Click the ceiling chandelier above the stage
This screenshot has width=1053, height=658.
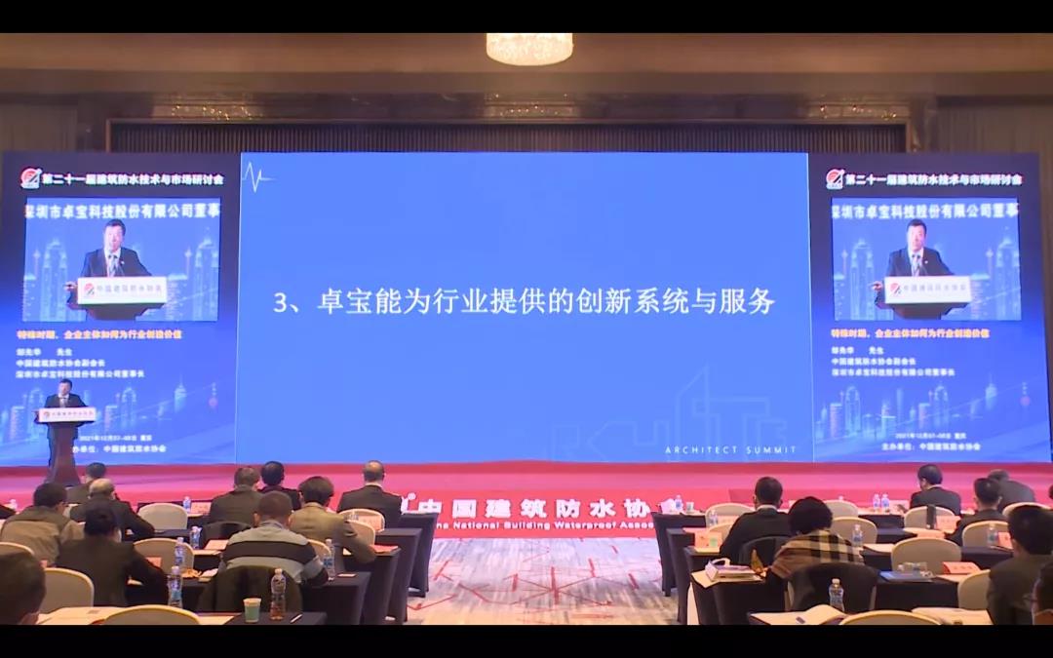pos(529,48)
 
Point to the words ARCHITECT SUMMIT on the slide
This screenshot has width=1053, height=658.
pos(729,450)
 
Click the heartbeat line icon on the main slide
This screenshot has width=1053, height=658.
pos(256,177)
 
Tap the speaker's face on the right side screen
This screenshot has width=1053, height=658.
pos(916,235)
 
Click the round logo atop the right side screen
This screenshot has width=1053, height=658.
pos(835,178)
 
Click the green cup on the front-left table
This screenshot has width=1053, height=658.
pos(253,609)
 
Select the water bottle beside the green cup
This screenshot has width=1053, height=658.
pos(278,594)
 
